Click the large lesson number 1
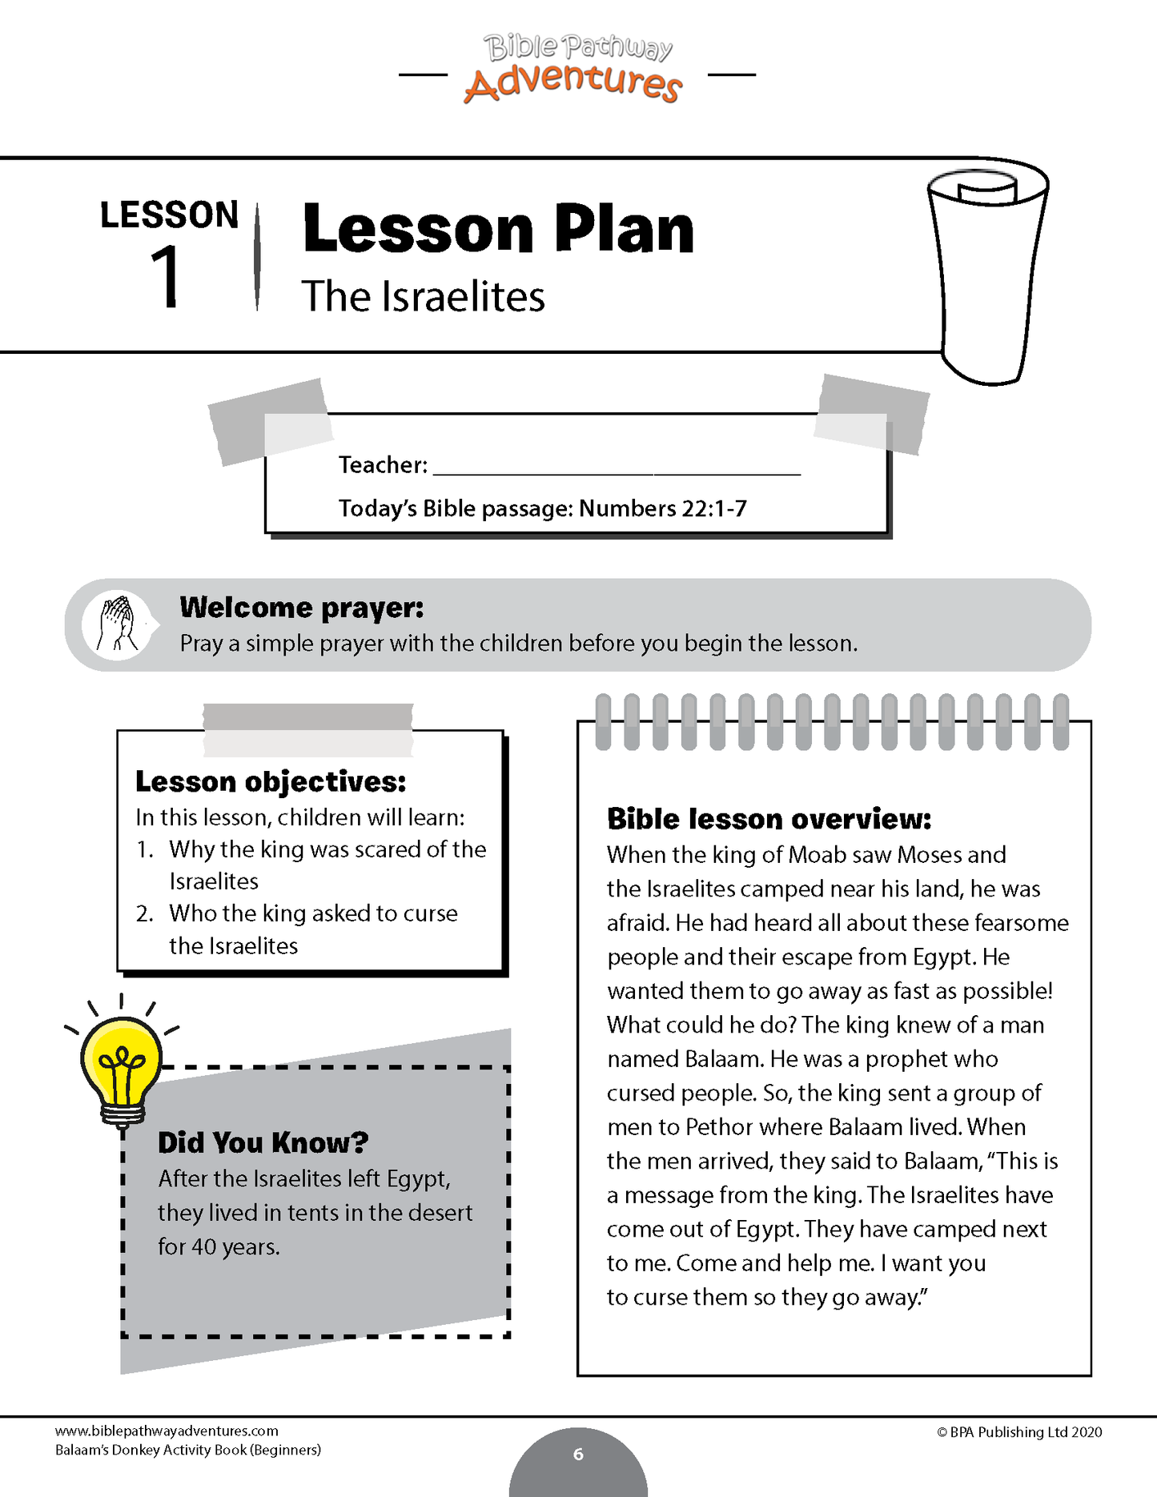tap(167, 276)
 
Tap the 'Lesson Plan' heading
tap(497, 230)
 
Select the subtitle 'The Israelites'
tap(423, 297)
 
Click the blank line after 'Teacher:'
tap(617, 467)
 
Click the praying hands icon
tap(117, 625)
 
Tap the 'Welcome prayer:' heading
tap(301, 608)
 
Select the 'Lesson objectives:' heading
tap(271, 781)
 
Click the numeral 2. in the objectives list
tap(145, 913)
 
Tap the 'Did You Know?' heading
tap(263, 1142)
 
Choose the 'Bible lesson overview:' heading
tap(769, 819)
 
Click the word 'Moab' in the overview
tap(817, 855)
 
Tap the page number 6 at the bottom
tap(578, 1455)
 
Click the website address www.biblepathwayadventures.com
tap(167, 1431)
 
